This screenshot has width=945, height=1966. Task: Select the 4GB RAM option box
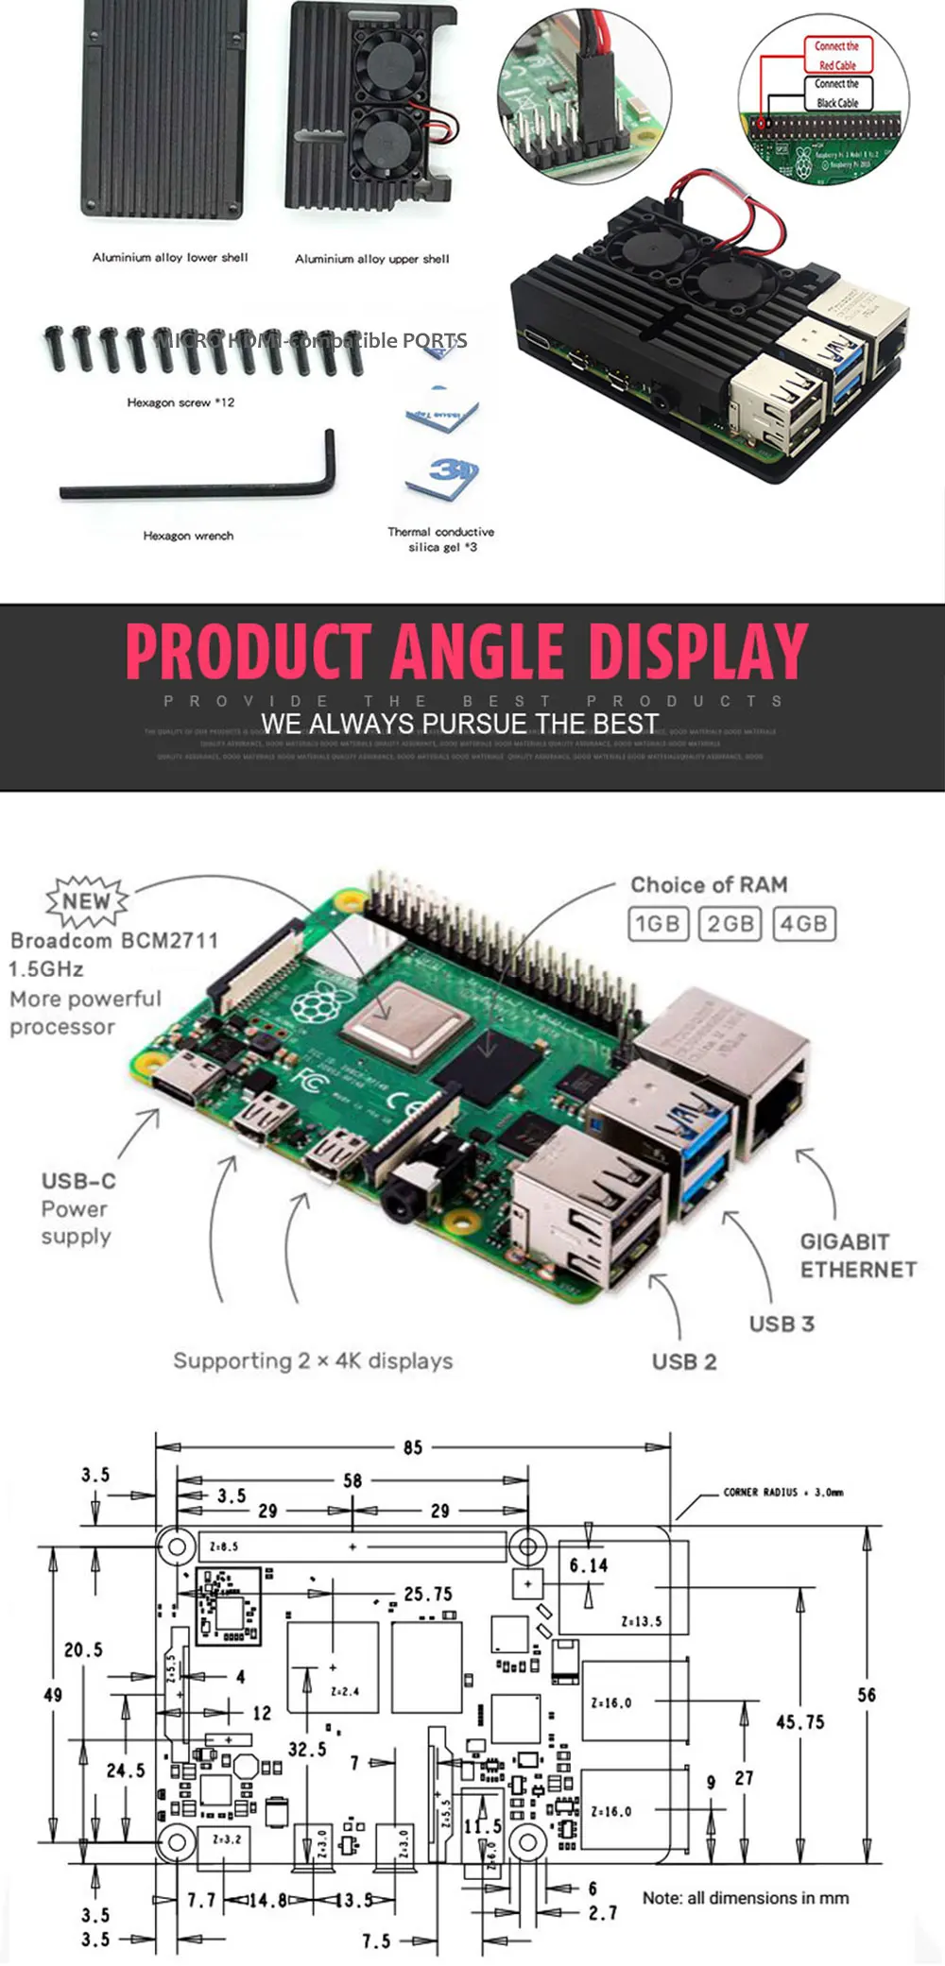804,923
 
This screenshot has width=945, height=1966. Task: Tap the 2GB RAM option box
730,923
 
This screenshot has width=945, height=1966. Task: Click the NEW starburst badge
87,900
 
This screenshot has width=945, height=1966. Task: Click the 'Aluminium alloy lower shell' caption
170,257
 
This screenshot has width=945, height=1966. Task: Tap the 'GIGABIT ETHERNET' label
858,1256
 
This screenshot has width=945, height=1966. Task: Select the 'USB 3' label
782,1324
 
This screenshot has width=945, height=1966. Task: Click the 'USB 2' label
684,1361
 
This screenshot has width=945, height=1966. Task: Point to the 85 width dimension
413,1447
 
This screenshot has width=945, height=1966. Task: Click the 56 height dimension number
867,1695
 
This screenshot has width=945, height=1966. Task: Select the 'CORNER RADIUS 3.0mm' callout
783,1493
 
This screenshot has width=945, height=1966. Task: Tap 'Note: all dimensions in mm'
746,1898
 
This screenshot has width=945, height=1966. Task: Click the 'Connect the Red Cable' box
837,56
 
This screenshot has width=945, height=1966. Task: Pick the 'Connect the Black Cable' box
837,94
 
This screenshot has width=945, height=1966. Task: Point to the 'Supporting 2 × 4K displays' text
313,1361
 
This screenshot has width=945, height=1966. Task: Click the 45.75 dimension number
799,1722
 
